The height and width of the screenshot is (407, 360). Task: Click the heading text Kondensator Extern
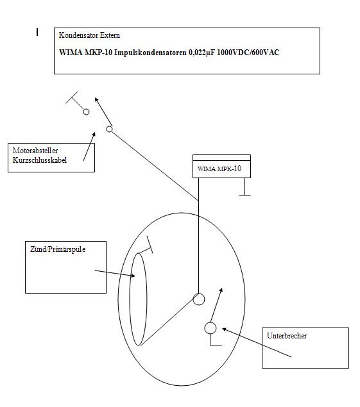tap(89, 35)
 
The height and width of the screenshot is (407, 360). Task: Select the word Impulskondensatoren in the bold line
tap(138, 53)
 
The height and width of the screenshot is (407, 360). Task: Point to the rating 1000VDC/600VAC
tap(247, 53)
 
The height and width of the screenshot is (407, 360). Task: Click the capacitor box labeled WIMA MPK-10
tap(221, 169)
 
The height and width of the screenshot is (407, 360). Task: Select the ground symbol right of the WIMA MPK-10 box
tap(244, 190)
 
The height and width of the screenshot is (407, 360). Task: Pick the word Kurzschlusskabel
tap(40, 160)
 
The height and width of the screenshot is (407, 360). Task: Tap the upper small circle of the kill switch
tap(86, 112)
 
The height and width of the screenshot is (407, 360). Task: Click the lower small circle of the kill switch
tap(109, 129)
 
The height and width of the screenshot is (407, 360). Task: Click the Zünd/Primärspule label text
tap(58, 249)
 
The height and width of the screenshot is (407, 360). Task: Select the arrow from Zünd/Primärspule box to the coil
tap(116, 273)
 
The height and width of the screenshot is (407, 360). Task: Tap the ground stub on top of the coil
tap(149, 244)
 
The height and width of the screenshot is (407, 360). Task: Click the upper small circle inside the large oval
tap(199, 299)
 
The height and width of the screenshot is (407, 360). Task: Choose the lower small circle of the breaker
tap(210, 328)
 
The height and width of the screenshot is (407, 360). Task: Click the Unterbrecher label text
tap(287, 336)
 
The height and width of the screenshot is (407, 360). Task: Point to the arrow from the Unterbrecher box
tap(257, 343)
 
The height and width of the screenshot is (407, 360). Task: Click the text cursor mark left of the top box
tap(38, 31)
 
